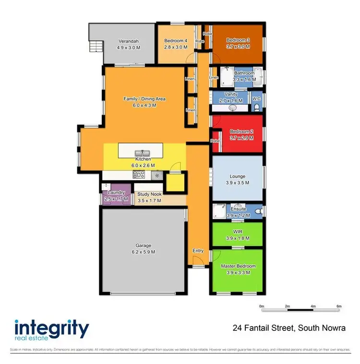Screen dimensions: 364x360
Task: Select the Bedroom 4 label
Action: pyautogui.click(x=176, y=41)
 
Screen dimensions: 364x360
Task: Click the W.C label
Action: pyautogui.click(x=257, y=99)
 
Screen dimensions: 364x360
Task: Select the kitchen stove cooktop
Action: pyautogui.click(x=139, y=175)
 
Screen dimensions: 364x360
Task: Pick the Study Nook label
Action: pyautogui.click(x=150, y=194)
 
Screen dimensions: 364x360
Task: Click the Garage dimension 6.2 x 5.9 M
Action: pyautogui.click(x=143, y=252)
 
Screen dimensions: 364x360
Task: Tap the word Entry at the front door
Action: pyautogui.click(x=198, y=251)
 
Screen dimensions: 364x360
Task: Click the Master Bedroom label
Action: pyautogui.click(x=238, y=266)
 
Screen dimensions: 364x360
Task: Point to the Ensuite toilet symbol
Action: pyautogui.click(x=258, y=211)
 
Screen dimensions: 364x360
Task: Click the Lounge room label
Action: pyautogui.click(x=238, y=176)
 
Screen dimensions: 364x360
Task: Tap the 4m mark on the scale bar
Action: pyautogui.click(x=313, y=306)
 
